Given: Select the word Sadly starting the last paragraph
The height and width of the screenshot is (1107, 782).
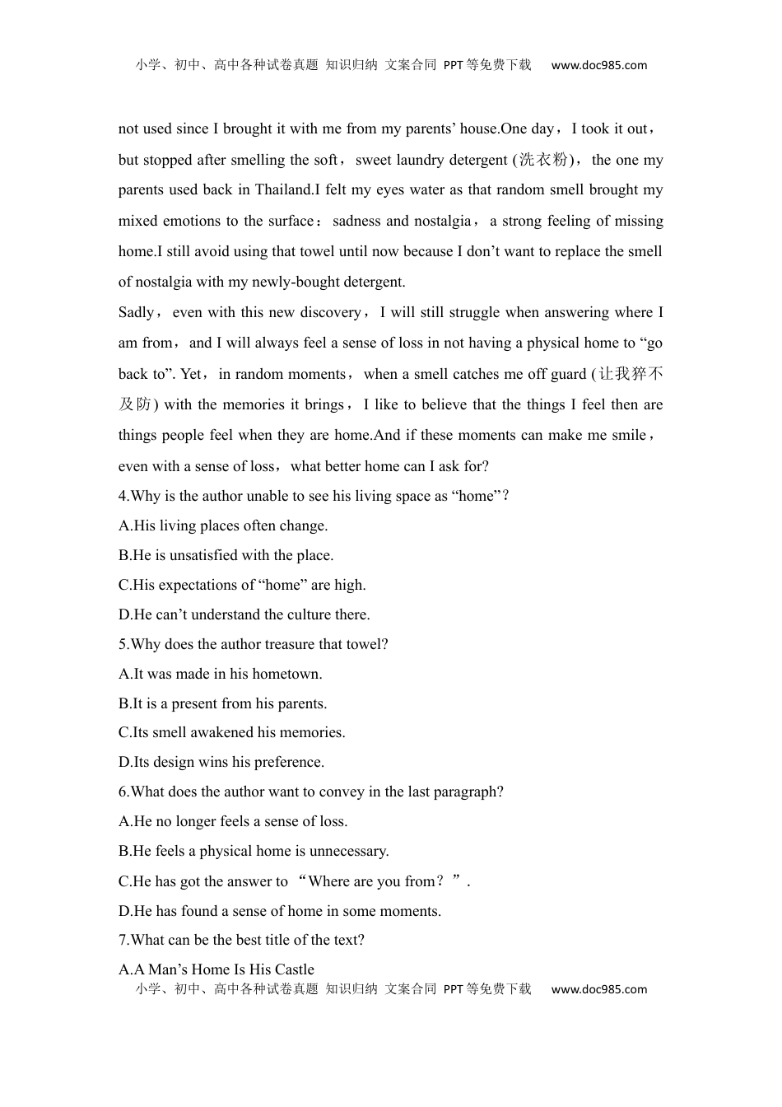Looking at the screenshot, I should click(x=136, y=313).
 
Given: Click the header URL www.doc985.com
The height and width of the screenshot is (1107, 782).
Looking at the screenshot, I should click(x=598, y=65).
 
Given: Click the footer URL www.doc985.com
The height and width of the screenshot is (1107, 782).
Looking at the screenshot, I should click(x=598, y=989).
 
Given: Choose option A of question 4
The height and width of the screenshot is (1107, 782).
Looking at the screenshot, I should click(x=223, y=525).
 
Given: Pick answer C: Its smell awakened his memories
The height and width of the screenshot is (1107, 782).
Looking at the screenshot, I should click(x=232, y=732).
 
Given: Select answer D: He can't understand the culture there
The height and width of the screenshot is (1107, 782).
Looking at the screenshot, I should click(x=244, y=614).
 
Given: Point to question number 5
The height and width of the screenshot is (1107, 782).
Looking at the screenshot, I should click(x=123, y=644).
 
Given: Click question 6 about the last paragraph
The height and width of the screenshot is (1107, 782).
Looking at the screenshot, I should click(x=311, y=792).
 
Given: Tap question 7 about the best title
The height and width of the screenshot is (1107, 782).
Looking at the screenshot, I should click(x=241, y=940).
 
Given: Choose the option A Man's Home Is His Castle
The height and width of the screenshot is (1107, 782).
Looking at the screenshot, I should click(x=216, y=969).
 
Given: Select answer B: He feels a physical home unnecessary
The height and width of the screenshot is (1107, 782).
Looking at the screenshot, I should click(x=254, y=851).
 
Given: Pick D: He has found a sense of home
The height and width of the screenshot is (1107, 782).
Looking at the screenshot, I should click(x=280, y=911).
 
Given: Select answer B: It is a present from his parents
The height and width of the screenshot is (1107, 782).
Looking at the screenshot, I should click(x=222, y=703).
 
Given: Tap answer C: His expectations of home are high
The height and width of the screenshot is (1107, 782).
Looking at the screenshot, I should click(x=242, y=585).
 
